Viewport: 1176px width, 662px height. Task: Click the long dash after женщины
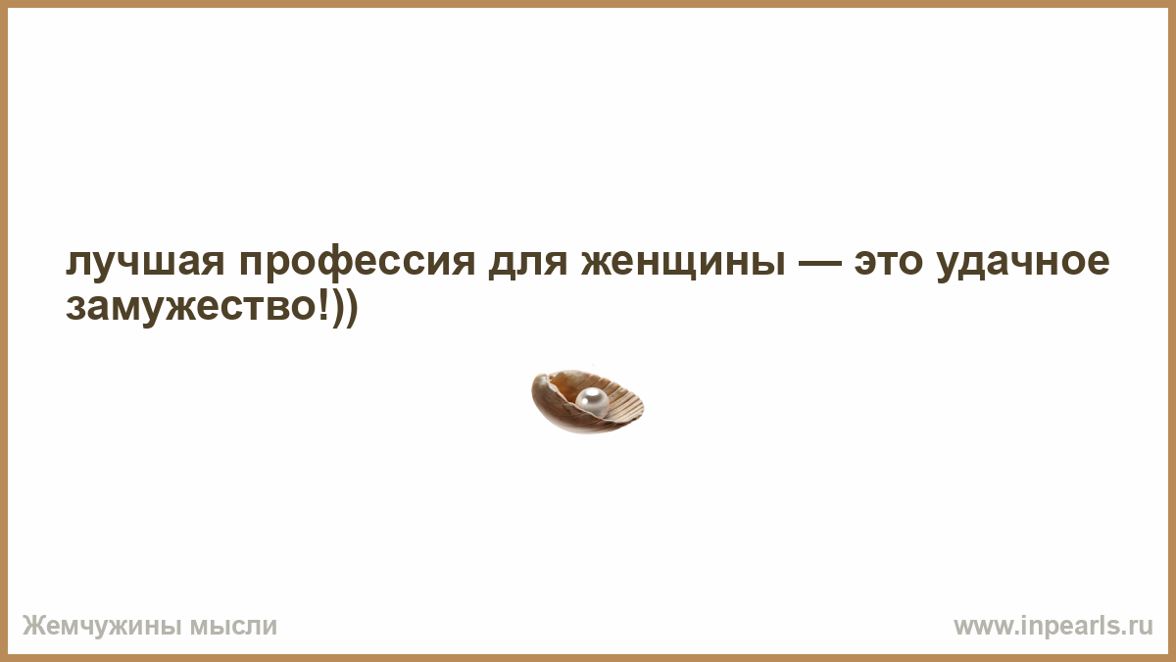click(820, 262)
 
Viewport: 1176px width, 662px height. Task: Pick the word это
click(888, 261)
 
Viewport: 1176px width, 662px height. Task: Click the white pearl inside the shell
click(592, 401)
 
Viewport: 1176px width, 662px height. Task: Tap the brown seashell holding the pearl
click(587, 402)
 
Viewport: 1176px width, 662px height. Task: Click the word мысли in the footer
click(233, 627)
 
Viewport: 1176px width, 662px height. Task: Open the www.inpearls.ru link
click(1053, 626)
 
